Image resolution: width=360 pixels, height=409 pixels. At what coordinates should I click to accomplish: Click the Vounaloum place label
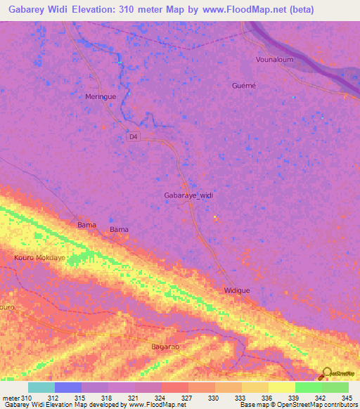275,60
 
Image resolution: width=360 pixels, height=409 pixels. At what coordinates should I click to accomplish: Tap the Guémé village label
244,85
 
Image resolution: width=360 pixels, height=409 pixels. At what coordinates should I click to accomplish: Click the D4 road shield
134,137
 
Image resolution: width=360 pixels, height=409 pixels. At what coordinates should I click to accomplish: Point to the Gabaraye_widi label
188,195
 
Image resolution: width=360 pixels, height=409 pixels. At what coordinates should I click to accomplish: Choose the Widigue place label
237,290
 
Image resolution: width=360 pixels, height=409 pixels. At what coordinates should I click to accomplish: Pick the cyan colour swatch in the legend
41,387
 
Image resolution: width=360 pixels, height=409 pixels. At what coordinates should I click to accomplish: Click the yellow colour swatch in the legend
281,387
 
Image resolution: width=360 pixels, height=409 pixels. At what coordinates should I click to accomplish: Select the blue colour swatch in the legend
68,387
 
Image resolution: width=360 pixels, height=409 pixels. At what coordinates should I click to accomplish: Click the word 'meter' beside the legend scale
11,397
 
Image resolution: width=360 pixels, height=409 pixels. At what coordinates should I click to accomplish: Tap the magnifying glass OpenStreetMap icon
326,372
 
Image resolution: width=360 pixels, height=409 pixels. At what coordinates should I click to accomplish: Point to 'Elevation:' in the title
96,9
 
